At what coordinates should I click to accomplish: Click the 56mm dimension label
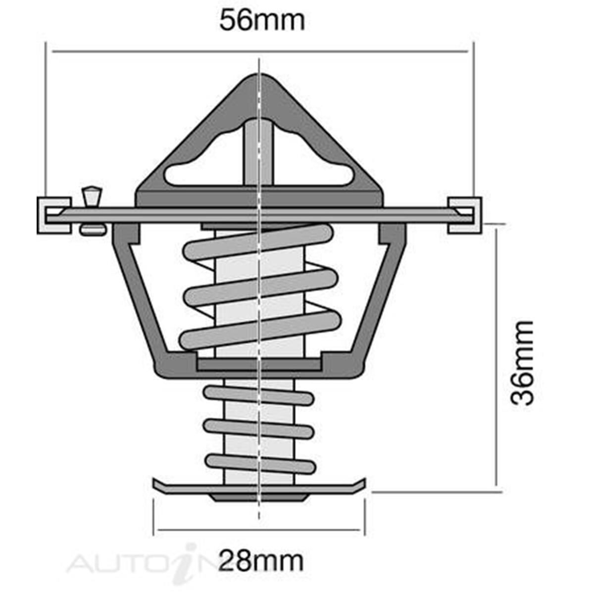262,21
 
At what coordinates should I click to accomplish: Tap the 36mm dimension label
523,363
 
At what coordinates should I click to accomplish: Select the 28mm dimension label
261,561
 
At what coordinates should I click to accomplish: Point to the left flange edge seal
53,215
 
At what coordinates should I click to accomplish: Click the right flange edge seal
464,215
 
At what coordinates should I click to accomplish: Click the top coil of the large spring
257,243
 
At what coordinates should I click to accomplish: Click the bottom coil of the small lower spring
260,463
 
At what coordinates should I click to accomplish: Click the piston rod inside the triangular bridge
258,153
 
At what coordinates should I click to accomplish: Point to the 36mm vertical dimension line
495,356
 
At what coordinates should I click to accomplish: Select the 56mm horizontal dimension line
259,51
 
